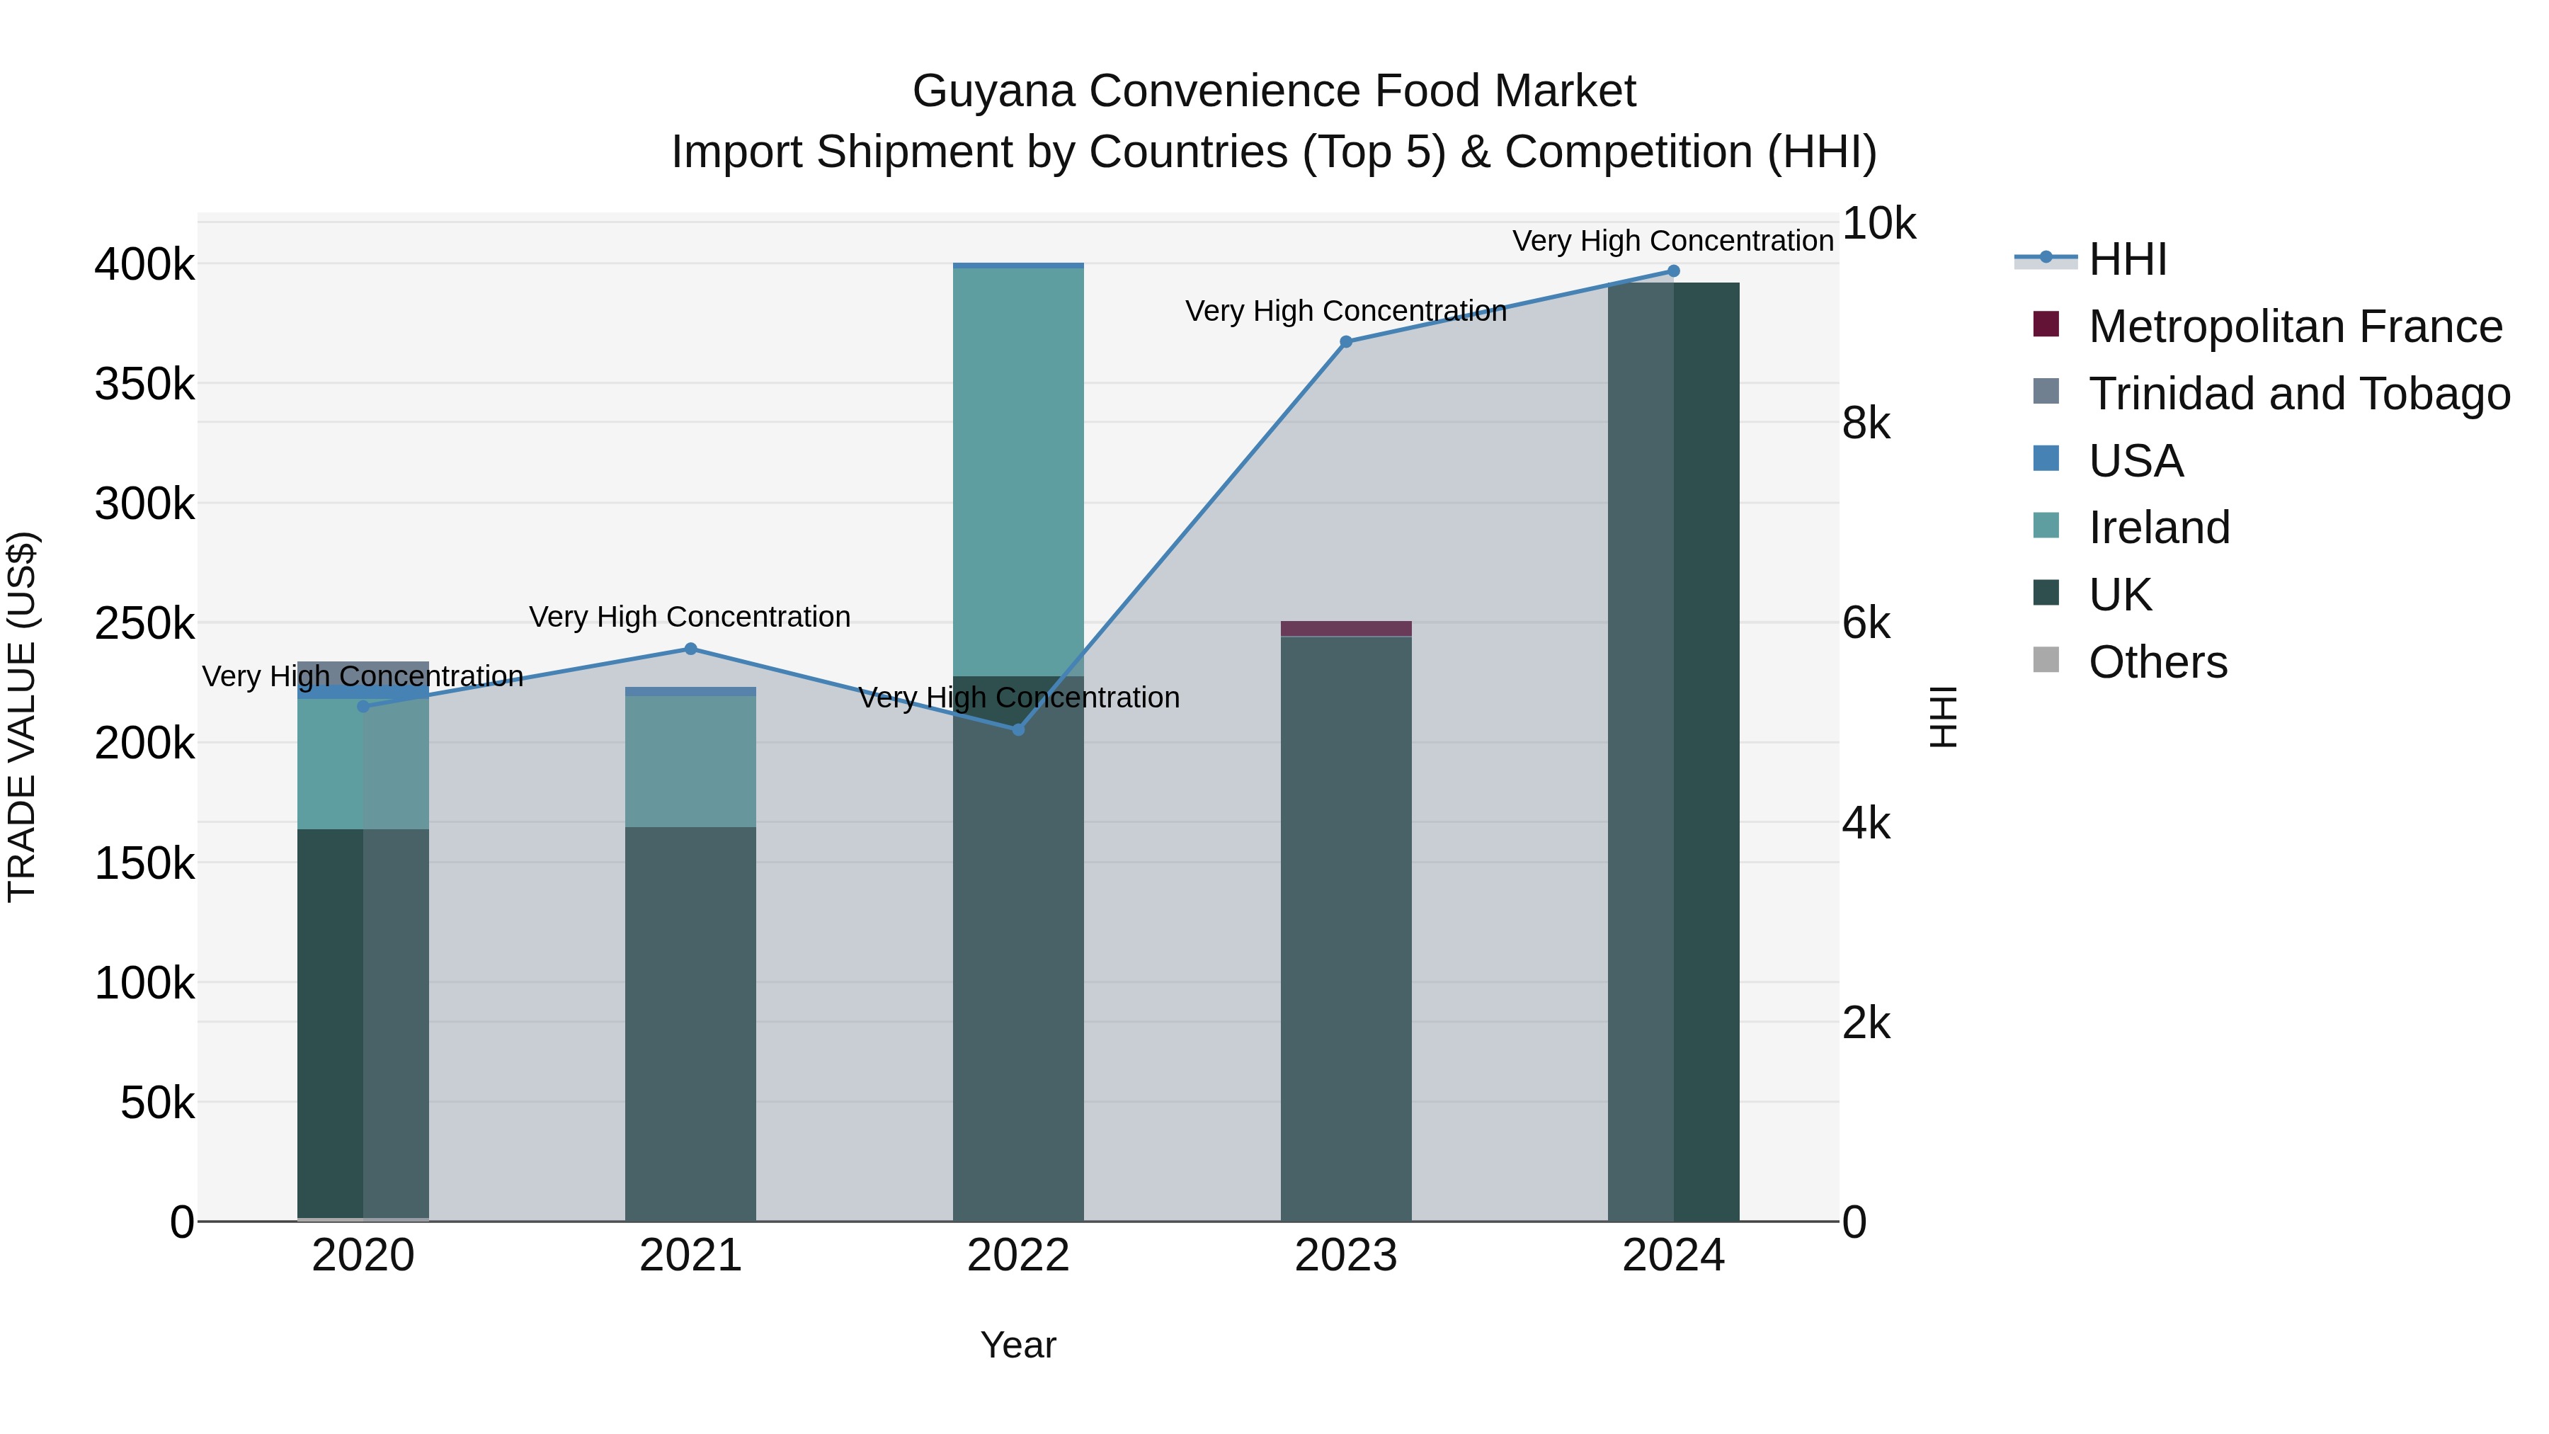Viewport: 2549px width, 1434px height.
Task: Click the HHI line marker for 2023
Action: pyautogui.click(x=1346, y=341)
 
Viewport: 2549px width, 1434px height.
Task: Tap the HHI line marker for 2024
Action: pyautogui.click(x=1673, y=271)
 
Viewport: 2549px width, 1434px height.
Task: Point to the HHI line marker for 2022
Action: pyautogui.click(x=1018, y=729)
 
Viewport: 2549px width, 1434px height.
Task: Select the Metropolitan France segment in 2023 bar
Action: pyautogui.click(x=1346, y=628)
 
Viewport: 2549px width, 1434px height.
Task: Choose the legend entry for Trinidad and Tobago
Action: pyautogui.click(x=2298, y=394)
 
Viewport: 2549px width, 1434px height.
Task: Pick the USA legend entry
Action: pyautogui.click(x=2135, y=461)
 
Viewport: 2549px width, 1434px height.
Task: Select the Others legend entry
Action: pyautogui.click(x=2157, y=662)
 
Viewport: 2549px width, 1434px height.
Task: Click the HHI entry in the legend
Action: pyautogui.click(x=2128, y=259)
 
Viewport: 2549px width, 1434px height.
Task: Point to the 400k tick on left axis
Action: pyautogui.click(x=144, y=266)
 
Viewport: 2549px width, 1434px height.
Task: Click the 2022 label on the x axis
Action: pyautogui.click(x=1018, y=1256)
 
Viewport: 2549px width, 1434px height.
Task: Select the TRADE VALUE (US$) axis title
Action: pyautogui.click(x=23, y=717)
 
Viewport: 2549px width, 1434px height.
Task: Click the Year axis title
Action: pyautogui.click(x=1018, y=1345)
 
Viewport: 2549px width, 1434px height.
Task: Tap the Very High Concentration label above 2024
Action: pyautogui.click(x=1672, y=241)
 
